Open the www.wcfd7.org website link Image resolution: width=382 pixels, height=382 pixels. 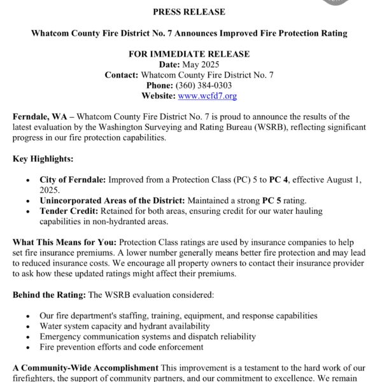tap(207, 96)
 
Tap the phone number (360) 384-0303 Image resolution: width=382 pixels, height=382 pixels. tap(207, 85)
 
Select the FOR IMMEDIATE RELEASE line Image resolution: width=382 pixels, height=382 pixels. tap(189, 54)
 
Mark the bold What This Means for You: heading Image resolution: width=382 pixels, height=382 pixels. tap(64, 243)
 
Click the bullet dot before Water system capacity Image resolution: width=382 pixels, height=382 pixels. tap(27, 327)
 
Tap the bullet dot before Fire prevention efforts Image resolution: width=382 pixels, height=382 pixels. tap(27, 348)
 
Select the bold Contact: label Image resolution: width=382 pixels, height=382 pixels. tap(122, 75)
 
